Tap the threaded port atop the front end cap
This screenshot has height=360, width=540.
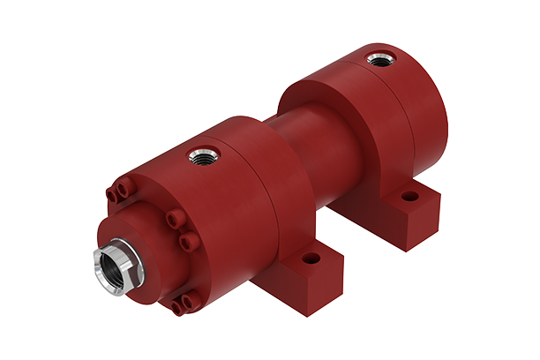(199, 159)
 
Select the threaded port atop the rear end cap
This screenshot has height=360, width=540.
(381, 60)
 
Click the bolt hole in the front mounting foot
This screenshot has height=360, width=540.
(311, 260)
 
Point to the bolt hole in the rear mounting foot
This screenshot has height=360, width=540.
(409, 196)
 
